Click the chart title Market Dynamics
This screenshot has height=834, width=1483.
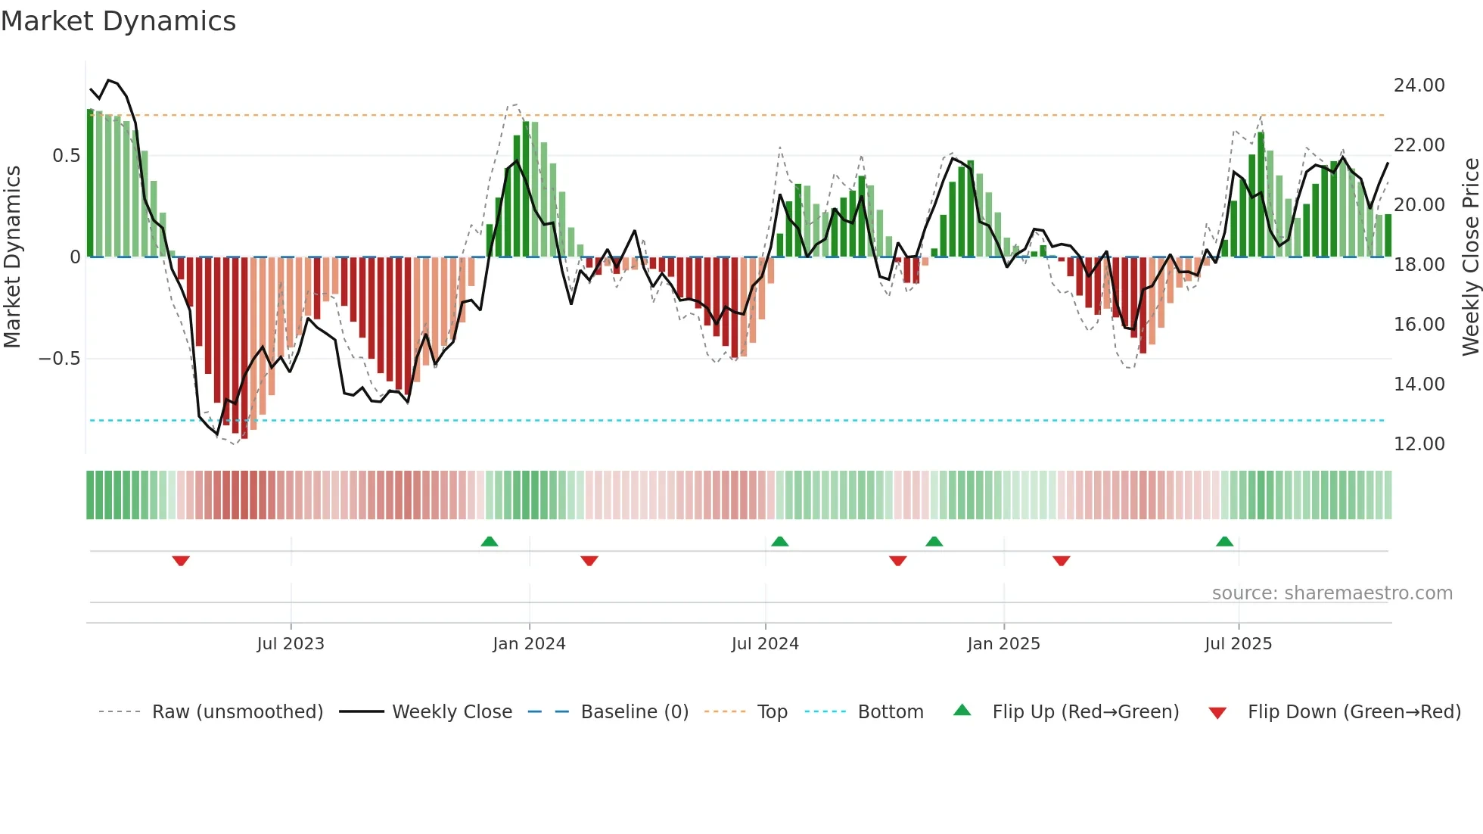click(x=118, y=21)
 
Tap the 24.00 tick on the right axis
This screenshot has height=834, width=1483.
click(x=1419, y=86)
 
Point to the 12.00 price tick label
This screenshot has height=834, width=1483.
click(x=1419, y=444)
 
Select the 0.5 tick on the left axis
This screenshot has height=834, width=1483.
click(x=66, y=156)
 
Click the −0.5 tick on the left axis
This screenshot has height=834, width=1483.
click(x=59, y=359)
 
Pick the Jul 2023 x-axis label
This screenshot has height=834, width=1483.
click(x=291, y=644)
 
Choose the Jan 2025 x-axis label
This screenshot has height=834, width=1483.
click(x=1003, y=644)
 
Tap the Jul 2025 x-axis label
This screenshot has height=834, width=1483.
click(x=1238, y=644)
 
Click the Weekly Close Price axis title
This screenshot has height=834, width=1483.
click(x=1470, y=257)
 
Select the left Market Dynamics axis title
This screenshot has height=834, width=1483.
click(x=12, y=257)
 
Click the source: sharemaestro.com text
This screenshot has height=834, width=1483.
click(x=1332, y=593)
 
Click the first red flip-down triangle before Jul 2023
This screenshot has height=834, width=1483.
click(x=181, y=561)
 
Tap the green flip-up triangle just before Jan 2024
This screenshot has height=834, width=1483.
click(x=490, y=541)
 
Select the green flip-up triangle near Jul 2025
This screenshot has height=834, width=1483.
click(x=1224, y=541)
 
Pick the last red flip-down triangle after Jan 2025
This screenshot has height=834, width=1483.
click(x=1061, y=561)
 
